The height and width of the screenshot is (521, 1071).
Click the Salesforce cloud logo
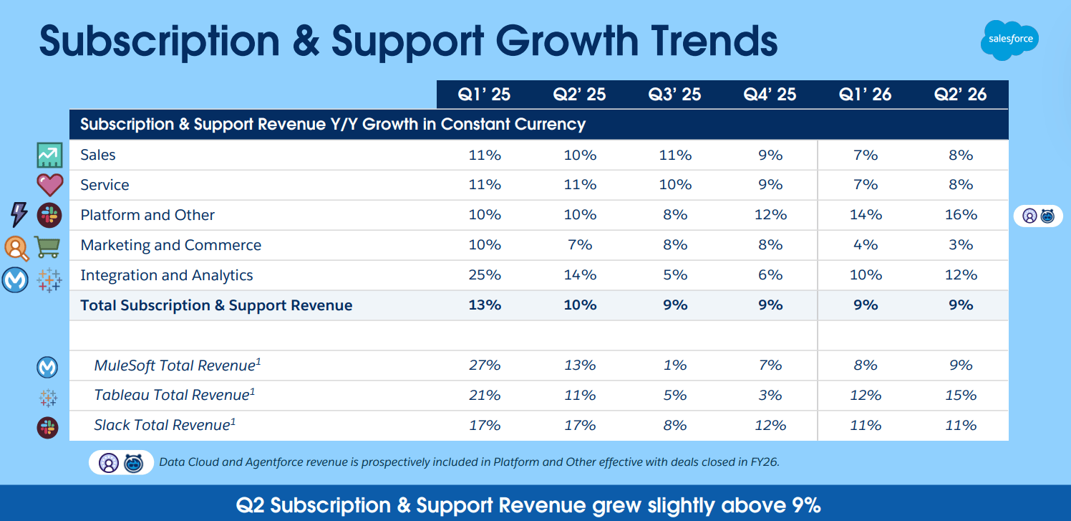pyautogui.click(x=1009, y=39)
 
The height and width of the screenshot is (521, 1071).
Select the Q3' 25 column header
pyautogui.click(x=674, y=94)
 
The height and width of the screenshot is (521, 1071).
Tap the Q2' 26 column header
pyautogui.click(x=960, y=94)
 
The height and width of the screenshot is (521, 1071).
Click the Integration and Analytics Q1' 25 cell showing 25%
pyautogui.click(x=484, y=275)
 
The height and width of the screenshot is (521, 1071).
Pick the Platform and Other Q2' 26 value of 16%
pyautogui.click(x=960, y=215)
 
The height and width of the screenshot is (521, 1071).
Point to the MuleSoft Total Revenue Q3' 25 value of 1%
pyautogui.click(x=674, y=365)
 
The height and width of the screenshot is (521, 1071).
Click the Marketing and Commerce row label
pyautogui.click(x=170, y=245)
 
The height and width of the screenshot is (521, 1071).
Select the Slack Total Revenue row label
pyautogui.click(x=165, y=426)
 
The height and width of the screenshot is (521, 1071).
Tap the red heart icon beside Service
pyautogui.click(x=49, y=185)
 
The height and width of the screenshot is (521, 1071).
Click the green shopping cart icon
pyautogui.click(x=48, y=247)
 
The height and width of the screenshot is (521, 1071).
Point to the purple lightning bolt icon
pyautogui.click(x=19, y=214)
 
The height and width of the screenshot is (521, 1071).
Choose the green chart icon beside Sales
pyautogui.click(x=49, y=155)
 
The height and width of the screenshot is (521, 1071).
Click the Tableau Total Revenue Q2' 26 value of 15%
pyautogui.click(x=960, y=396)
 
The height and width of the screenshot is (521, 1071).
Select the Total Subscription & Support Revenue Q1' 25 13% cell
pyautogui.click(x=484, y=305)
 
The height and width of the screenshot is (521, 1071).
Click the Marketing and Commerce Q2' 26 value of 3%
pyautogui.click(x=960, y=245)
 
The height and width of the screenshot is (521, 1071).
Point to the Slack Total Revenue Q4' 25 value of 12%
pyautogui.click(x=770, y=426)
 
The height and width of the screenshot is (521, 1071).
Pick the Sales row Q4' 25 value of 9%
pyautogui.click(x=770, y=155)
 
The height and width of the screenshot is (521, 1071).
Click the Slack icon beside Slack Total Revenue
pyautogui.click(x=47, y=428)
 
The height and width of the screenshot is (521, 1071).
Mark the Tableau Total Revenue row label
pyautogui.click(x=174, y=396)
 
